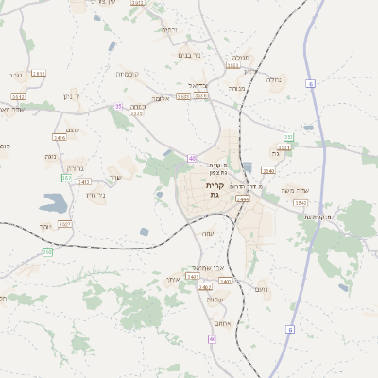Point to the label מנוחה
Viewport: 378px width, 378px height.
pos(238,88)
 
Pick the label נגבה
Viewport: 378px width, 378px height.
pos(16,75)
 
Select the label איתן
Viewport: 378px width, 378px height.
pos(172,279)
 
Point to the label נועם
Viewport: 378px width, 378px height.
pos(260,290)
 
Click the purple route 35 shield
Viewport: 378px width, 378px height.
pos(118,106)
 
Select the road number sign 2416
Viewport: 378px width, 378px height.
pos(60,138)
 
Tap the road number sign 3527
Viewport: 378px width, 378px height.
pos(65,224)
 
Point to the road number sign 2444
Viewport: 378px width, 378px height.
pos(243,199)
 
